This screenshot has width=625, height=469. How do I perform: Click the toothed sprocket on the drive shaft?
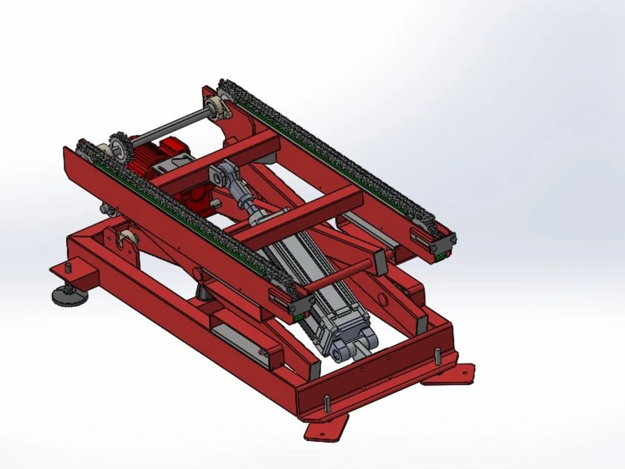(119, 148)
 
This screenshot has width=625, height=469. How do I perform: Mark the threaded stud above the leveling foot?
(67, 270)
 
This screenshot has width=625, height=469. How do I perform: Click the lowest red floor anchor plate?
(325, 429)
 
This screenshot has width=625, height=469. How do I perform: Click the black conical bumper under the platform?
(203, 291)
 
